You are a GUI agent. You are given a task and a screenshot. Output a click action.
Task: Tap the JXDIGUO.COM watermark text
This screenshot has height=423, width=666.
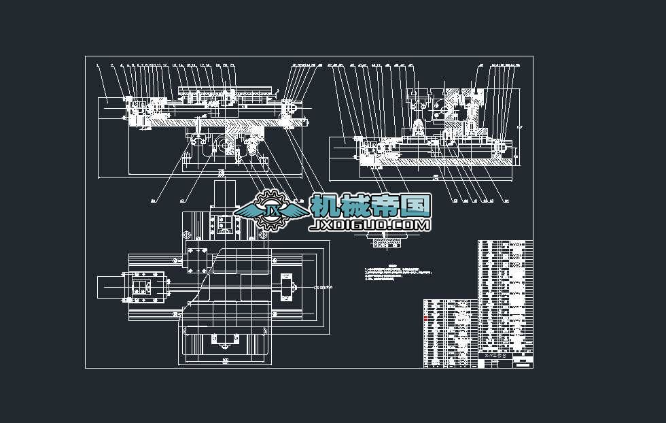pyautogui.click(x=370, y=225)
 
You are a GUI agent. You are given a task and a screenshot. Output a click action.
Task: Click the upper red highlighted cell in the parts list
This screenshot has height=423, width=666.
pyautogui.click(x=426, y=318)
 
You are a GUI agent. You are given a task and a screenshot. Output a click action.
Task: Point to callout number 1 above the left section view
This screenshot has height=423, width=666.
pyautogui.click(x=98, y=66)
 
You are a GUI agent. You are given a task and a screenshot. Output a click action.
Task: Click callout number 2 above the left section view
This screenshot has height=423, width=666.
pyautogui.click(x=111, y=66)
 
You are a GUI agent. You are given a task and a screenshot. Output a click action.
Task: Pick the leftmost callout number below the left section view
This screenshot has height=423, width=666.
pyautogui.click(x=153, y=201)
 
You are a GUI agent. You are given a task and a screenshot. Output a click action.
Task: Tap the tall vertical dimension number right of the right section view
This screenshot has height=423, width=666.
pyautogui.click(x=520, y=127)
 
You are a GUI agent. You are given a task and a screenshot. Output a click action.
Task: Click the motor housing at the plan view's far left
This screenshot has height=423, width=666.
pyautogui.click(x=109, y=286)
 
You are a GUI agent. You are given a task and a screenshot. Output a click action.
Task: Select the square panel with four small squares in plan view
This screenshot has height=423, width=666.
pyautogui.click(x=142, y=286)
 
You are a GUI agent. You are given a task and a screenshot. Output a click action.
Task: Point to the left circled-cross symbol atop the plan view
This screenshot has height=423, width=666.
pyautogui.click(x=186, y=233)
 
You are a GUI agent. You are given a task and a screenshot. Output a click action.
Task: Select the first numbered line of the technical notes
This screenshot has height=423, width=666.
pyautogui.click(x=391, y=270)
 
